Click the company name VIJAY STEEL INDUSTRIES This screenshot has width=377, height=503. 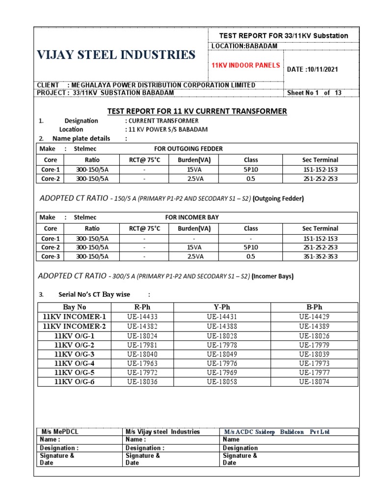tap(116, 55)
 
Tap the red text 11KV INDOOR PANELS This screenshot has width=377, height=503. tap(245, 65)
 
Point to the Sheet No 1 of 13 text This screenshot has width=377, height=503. tap(314, 93)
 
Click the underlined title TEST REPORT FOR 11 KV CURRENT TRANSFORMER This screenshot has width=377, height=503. tap(197, 112)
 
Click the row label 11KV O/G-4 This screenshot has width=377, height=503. tap(75, 363)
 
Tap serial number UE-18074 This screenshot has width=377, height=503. tap(315, 382)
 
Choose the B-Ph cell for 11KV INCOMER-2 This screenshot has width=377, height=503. tap(315, 326)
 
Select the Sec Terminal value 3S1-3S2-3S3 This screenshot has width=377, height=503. tap(320, 256)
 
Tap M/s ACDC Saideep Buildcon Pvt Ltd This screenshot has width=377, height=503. tap(277, 432)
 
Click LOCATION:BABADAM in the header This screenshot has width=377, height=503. tap(244, 46)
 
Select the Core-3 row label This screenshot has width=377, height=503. tap(51, 256)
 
